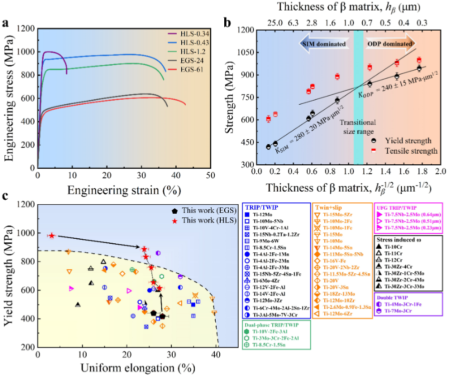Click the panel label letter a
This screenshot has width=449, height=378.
pos(6,24)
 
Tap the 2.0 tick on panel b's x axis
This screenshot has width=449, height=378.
pos(440,172)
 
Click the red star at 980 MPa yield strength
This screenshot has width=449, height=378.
pos(51,235)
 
